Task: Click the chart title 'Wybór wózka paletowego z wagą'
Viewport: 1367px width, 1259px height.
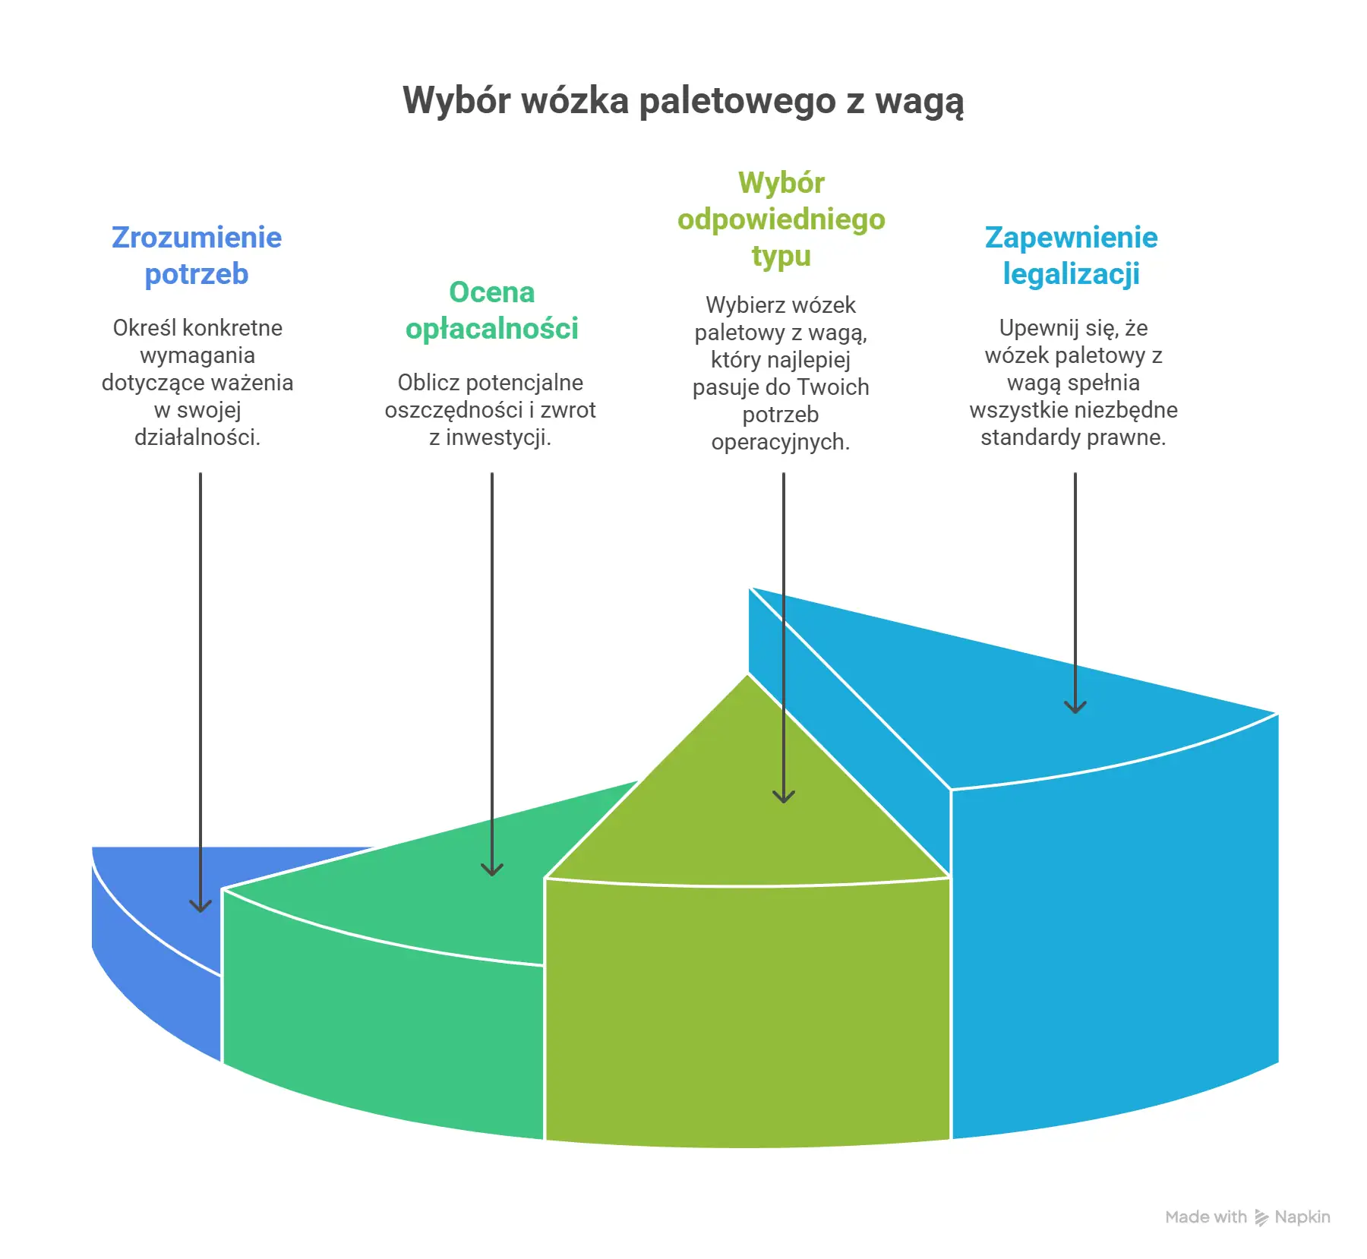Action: (x=683, y=102)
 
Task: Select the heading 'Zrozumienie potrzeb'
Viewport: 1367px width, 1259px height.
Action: (x=197, y=256)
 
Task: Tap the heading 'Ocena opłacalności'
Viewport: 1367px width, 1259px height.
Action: (x=492, y=311)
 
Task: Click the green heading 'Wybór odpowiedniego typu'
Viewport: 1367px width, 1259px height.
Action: (x=781, y=219)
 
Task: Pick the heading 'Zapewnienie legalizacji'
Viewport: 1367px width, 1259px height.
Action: (x=1072, y=256)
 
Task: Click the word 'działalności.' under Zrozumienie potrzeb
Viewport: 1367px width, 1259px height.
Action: (x=197, y=437)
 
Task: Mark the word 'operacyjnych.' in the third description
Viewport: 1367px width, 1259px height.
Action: (x=781, y=442)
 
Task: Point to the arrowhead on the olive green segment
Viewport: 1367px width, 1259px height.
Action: (x=784, y=797)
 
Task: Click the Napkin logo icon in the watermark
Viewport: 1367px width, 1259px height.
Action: (x=1261, y=1218)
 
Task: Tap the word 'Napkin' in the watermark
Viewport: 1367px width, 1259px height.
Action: (x=1302, y=1217)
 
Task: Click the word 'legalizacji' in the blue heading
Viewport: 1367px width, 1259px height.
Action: (x=1072, y=274)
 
